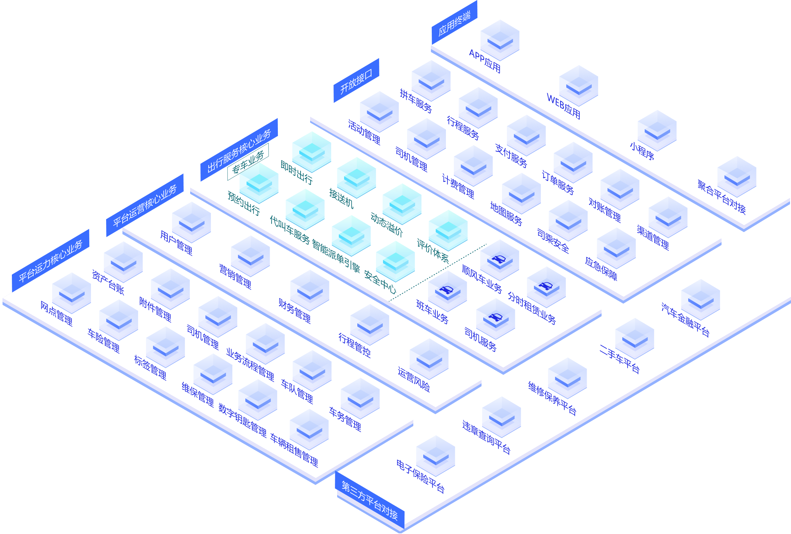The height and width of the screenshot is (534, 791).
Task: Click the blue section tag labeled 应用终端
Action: click(454, 23)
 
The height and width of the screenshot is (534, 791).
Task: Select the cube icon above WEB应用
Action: click(579, 85)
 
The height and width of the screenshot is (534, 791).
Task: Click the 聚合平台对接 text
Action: click(721, 197)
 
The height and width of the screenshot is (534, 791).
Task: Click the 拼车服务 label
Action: click(416, 101)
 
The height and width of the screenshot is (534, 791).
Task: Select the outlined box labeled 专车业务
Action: click(248, 162)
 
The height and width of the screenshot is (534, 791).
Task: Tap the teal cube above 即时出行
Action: click(311, 151)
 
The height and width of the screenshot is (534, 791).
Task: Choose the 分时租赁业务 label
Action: click(532, 308)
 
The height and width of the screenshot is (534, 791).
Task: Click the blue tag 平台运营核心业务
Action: click(145, 206)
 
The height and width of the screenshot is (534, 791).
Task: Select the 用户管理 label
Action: click(176, 243)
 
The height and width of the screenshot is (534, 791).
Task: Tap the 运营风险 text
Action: click(414, 379)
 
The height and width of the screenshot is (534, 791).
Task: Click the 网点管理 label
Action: click(56, 313)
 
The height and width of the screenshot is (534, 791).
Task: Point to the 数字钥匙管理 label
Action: click(242, 420)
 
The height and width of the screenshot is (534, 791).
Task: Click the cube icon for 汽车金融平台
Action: click(700, 300)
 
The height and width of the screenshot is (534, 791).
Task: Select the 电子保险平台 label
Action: click(420, 477)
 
